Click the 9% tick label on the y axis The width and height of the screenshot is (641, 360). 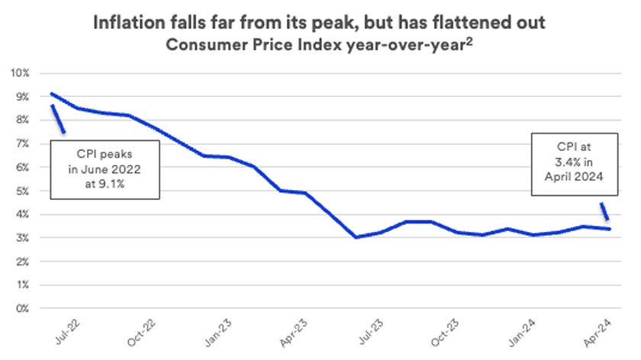click(21, 97)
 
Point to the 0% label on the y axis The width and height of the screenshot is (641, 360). click(21, 309)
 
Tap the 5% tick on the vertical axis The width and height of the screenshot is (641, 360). click(21, 191)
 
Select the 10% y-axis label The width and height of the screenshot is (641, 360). click(19, 73)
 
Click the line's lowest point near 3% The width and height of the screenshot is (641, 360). click(356, 237)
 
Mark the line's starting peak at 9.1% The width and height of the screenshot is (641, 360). click(51, 94)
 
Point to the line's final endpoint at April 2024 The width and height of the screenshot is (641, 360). click(608, 229)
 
